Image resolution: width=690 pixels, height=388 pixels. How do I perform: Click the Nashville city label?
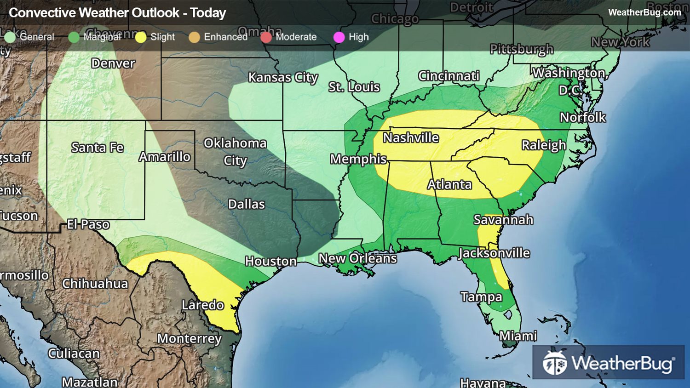411,138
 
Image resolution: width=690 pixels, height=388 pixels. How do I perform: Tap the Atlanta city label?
449,185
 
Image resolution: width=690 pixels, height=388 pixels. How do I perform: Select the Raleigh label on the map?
544,145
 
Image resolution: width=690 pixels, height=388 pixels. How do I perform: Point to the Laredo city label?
202,305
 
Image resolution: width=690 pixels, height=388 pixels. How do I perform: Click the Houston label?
270,262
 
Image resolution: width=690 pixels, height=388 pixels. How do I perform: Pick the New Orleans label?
357,258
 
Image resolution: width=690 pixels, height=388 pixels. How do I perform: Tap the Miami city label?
518,336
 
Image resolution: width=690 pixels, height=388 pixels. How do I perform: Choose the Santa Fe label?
97,148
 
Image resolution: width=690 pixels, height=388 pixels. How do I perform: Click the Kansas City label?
283,77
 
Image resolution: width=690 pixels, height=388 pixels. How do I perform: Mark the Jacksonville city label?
494,253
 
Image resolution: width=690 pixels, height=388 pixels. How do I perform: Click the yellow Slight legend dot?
141,37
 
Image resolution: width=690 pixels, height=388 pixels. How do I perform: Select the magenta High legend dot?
339,37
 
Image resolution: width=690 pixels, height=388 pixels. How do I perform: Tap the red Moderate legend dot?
266,37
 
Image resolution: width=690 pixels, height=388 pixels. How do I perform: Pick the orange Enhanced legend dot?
194,37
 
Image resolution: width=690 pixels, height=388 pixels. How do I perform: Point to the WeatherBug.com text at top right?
644,12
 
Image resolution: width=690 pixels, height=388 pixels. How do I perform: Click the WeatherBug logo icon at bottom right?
554,364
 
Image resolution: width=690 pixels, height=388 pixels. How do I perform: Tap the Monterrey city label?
189,339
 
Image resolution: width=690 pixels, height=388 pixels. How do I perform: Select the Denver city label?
113,63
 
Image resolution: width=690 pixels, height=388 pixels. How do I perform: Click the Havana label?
483,382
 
